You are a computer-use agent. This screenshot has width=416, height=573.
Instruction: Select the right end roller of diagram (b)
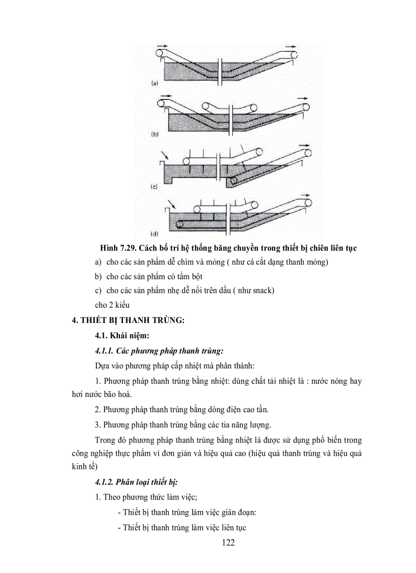pyautogui.click(x=306, y=106)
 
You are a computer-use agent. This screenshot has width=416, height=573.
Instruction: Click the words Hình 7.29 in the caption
pyautogui.click(x=117, y=248)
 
